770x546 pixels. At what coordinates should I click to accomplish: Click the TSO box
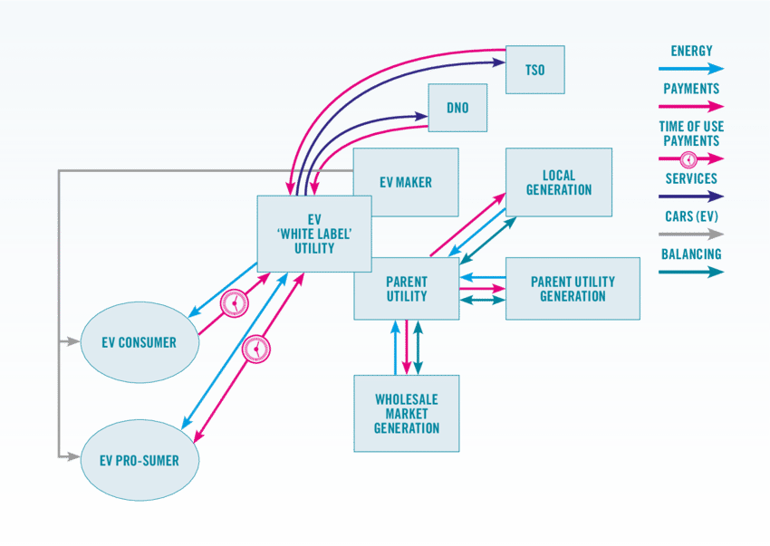534,70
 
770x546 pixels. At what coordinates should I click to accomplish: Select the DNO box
457,108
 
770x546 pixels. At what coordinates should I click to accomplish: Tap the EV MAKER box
406,182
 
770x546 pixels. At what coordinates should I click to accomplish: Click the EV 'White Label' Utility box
313,234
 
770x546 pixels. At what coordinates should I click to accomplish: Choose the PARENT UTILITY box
406,288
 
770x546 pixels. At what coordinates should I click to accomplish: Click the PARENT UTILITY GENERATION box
573,288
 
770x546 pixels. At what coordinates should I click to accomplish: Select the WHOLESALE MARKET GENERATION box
406,414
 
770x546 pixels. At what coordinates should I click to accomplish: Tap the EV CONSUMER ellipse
140,342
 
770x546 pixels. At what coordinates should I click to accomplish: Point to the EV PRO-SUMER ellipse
140,460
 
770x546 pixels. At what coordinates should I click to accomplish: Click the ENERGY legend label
691,52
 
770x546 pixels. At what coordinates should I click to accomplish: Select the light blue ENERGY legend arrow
691,69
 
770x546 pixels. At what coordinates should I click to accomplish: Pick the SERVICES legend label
691,179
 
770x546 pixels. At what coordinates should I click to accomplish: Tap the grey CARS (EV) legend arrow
691,234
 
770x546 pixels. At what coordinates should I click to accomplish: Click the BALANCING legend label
691,254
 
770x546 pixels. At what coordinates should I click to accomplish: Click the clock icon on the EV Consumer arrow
235,302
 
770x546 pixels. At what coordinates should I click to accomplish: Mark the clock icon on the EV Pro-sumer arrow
257,350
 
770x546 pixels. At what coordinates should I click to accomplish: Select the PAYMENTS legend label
691,89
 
